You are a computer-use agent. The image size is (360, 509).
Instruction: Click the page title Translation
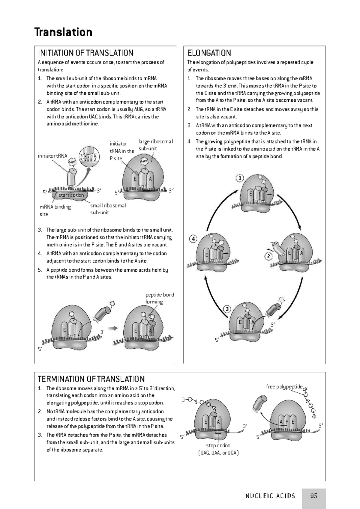tap(63, 32)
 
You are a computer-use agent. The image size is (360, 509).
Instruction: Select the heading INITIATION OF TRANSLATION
tap(85, 53)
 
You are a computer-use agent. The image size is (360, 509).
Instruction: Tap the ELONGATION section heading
tap(209, 53)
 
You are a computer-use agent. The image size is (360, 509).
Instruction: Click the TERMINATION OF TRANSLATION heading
tap(91, 379)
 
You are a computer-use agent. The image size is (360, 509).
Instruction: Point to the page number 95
tap(314, 496)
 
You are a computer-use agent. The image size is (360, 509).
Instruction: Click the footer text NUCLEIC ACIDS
tap(270, 496)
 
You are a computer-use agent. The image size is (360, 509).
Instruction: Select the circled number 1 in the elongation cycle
tap(239, 178)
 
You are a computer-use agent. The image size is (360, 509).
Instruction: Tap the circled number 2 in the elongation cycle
tap(268, 256)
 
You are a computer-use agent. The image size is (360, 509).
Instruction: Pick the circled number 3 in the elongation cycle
tap(227, 309)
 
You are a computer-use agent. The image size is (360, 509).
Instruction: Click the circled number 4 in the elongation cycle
tap(193, 239)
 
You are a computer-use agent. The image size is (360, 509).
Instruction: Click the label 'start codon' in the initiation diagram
tap(71, 195)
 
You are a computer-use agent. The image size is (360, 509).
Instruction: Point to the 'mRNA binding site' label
tap(55, 210)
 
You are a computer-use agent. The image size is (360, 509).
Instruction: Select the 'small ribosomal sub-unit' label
tap(108, 209)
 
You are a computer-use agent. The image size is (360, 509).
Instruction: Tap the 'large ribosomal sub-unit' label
tap(155, 145)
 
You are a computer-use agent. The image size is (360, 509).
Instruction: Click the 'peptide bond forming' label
tap(159, 298)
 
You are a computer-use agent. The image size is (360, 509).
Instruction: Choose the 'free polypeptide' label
tap(284, 387)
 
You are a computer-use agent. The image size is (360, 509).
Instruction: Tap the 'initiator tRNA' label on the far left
tap(52, 156)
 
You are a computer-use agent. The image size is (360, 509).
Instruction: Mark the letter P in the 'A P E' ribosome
tap(286, 422)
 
